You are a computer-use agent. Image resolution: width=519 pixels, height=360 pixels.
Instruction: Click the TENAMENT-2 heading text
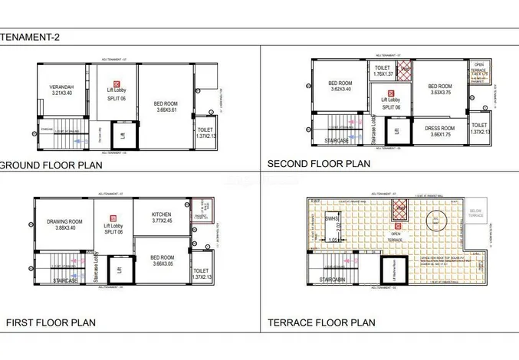[x=31, y=37]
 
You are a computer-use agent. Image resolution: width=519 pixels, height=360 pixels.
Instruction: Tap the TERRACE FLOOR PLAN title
[x=321, y=322]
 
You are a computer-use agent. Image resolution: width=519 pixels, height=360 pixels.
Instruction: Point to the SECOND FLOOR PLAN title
[x=318, y=163]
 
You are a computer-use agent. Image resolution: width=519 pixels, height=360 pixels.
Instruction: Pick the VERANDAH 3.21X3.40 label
[x=56, y=90]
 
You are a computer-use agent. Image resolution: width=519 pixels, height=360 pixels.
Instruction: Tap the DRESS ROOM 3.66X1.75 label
[x=440, y=131]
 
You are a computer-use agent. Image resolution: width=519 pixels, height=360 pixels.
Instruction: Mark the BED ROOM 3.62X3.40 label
[x=340, y=87]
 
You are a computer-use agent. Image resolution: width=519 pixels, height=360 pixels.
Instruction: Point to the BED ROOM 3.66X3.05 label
[x=161, y=261]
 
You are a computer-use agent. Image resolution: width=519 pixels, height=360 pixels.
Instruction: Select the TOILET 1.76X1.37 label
[x=382, y=72]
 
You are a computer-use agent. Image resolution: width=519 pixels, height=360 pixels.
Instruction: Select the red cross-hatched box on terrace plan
[x=399, y=210]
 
